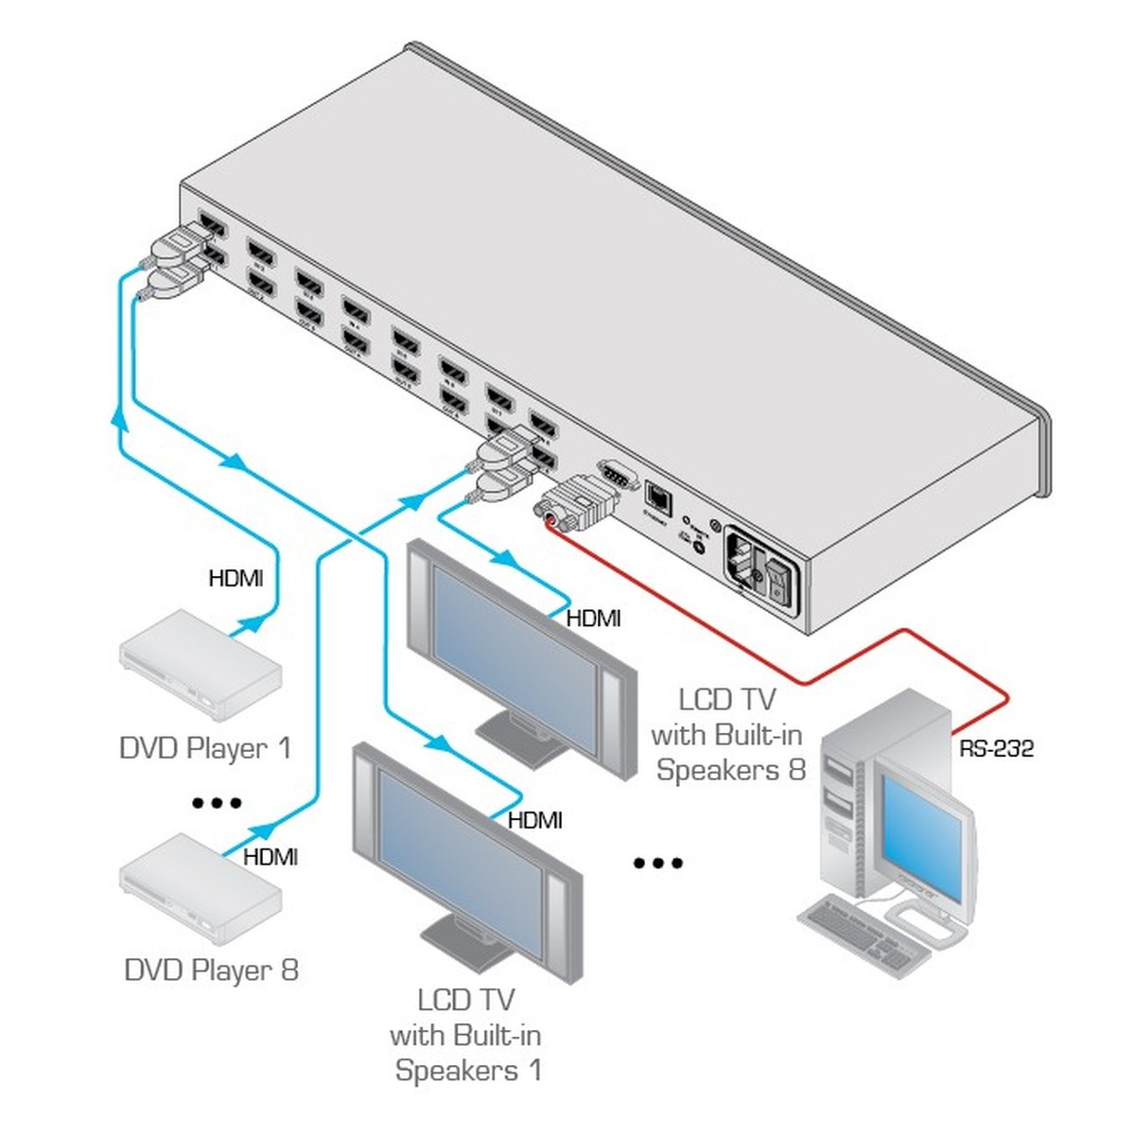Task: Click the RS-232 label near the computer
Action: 997,749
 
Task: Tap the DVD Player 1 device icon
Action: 201,664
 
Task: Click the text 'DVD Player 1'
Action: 205,748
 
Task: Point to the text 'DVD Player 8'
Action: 211,969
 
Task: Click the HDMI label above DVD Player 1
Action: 236,577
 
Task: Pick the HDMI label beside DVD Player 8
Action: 271,857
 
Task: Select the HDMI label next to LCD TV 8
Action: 593,619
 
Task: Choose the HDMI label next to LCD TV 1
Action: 534,820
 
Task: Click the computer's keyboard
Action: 861,932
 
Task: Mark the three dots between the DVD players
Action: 217,803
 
